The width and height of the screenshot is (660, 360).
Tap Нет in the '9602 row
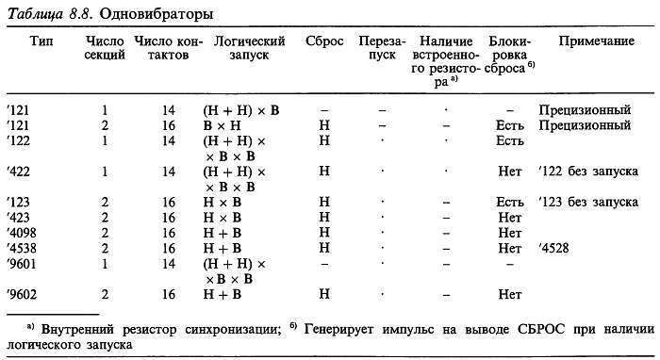pyautogui.click(x=510, y=294)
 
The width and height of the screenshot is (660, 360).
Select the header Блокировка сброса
pyautogui.click(x=510, y=51)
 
